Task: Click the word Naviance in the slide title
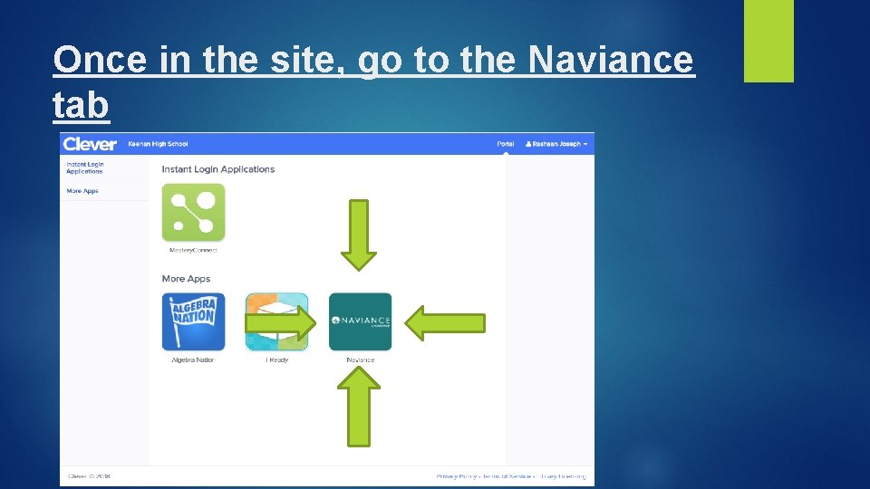tap(611, 62)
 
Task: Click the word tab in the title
tap(82, 105)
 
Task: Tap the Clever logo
tap(90, 144)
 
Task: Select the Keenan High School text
tap(159, 144)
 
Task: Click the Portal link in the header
tap(505, 144)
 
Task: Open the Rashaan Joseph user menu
tap(556, 144)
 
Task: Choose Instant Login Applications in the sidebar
tap(85, 168)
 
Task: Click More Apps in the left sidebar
tap(82, 191)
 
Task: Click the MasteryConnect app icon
tap(193, 213)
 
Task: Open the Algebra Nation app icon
tap(193, 321)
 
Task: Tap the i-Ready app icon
tap(276, 321)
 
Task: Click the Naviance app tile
tap(360, 321)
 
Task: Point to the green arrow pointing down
tap(359, 235)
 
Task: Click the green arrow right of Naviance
tap(444, 322)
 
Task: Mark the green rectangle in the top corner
tap(768, 40)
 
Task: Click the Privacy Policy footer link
tap(457, 475)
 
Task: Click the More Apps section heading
tap(186, 279)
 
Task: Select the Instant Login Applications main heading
tap(217, 169)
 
